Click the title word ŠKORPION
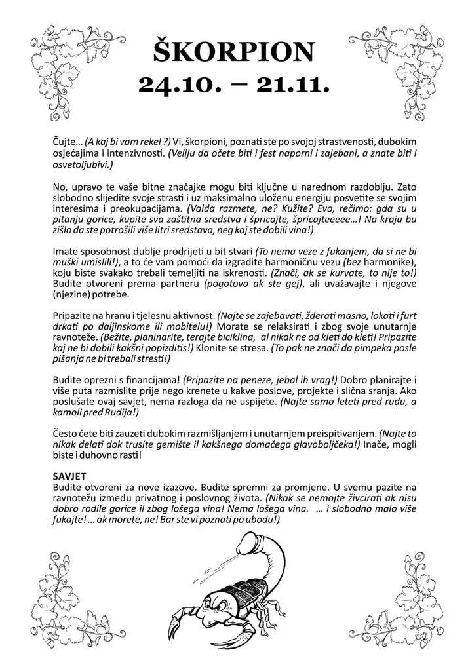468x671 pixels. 234,50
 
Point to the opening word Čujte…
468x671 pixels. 67,142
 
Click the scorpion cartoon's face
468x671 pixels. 216,607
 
